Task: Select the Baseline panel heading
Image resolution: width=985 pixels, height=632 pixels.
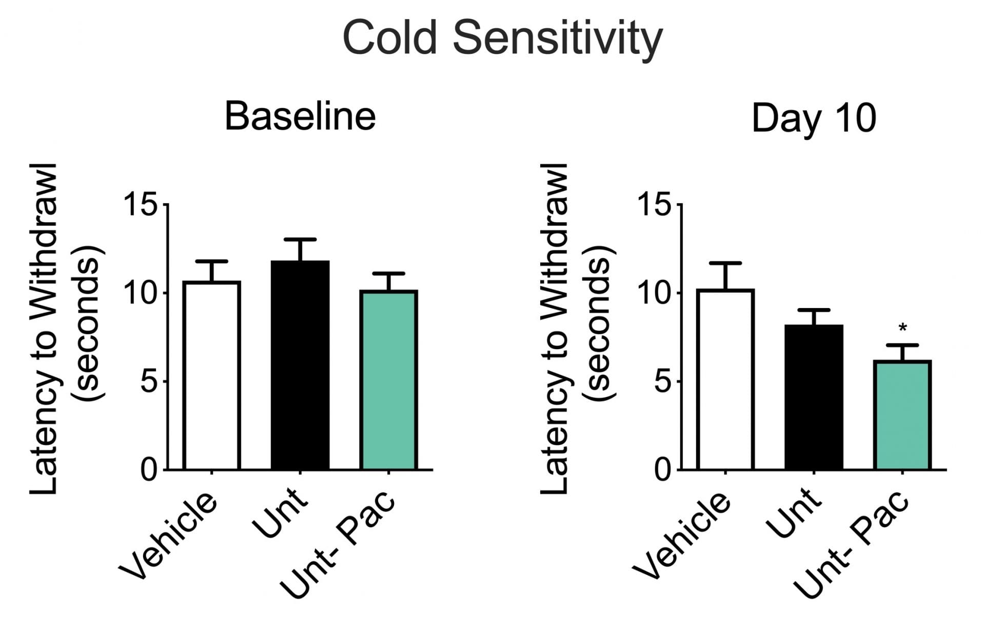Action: pos(300,117)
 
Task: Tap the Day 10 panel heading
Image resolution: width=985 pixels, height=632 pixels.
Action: pos(814,119)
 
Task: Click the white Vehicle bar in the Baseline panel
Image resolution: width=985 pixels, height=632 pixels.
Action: pos(211,375)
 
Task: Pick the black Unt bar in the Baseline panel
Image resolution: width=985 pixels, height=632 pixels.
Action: pos(300,365)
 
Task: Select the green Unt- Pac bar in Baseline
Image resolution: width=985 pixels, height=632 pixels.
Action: pos(389,380)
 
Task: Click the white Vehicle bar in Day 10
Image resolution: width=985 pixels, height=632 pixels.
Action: pos(725,379)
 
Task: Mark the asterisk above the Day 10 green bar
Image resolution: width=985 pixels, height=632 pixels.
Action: pos(903,328)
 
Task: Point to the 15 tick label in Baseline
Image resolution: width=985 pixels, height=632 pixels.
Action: pos(140,205)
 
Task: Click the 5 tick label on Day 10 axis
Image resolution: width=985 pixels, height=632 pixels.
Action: pos(663,382)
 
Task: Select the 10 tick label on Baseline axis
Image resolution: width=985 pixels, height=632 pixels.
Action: pos(140,294)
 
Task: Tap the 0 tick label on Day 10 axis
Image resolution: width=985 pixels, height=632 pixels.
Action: pos(663,470)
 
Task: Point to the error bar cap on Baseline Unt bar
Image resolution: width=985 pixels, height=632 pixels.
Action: pos(300,240)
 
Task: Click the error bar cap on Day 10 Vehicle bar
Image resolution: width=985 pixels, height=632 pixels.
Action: pos(725,263)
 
